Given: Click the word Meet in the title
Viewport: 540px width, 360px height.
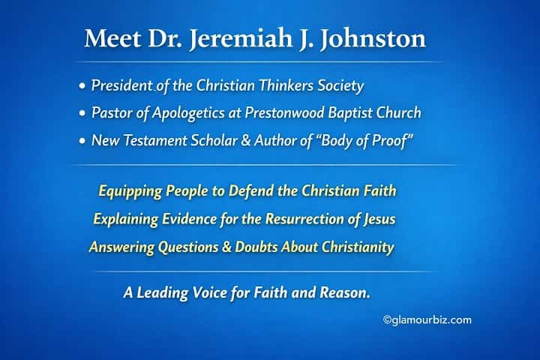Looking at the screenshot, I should coord(109,39).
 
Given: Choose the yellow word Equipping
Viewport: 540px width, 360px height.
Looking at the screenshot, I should coord(129,191).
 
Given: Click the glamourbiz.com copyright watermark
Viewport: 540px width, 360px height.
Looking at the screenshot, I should coord(427,320).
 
